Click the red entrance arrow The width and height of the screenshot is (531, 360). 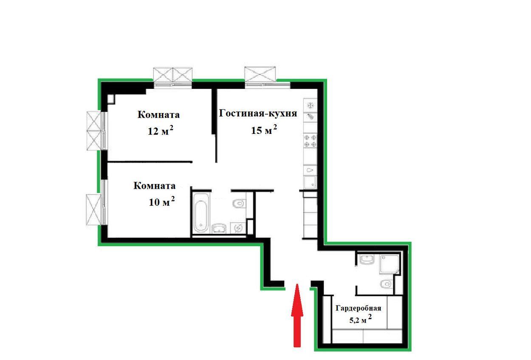[x=297, y=316]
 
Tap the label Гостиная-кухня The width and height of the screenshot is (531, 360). [x=258, y=113]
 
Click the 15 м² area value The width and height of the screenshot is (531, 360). [x=264, y=130]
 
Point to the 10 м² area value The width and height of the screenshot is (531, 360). [x=162, y=201]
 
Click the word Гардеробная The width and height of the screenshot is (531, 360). [x=358, y=308]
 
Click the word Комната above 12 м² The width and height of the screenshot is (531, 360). [x=158, y=115]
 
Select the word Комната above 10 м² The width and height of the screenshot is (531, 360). [x=155, y=186]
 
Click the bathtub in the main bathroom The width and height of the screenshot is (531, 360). [x=201, y=213]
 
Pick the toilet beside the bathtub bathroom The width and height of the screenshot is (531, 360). [x=239, y=204]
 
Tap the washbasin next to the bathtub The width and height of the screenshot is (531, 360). [x=219, y=229]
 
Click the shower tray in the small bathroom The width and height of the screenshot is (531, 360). [x=389, y=265]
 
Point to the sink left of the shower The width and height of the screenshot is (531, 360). [x=367, y=259]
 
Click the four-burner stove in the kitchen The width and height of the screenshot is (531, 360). [x=310, y=141]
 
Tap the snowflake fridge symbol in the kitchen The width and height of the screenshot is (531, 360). [x=310, y=105]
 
